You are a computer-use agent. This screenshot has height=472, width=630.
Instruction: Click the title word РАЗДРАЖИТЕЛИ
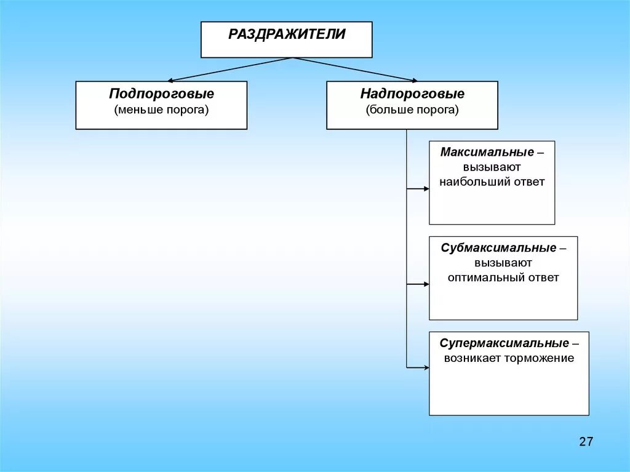pos(287,34)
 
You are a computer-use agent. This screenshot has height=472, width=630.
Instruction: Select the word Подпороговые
pos(162,94)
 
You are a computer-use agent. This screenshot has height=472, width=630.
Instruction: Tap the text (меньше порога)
pos(162,110)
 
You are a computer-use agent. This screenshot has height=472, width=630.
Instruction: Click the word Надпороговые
pos(412,94)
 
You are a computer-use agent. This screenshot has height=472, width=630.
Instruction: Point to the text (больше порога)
pos(412,110)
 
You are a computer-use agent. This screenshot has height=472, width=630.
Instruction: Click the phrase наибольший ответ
pos(492,182)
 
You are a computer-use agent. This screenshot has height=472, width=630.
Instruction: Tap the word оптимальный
pos(487,278)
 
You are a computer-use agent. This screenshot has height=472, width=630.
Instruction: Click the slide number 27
pos(586,441)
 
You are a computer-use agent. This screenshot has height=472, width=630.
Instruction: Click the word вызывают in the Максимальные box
pos(493,167)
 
